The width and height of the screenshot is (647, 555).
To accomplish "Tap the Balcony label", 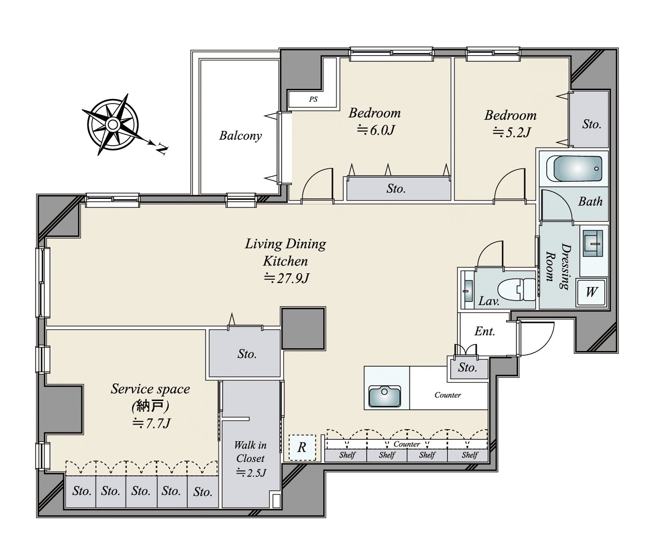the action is (x=240, y=136).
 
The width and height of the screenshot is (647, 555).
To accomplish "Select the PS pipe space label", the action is (x=313, y=99).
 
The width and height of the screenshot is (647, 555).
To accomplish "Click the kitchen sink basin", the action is (x=385, y=396).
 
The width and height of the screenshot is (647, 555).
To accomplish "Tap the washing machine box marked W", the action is (x=591, y=292).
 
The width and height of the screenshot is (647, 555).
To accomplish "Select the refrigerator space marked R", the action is (x=302, y=447).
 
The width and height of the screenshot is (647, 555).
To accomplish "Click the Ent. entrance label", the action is (x=484, y=331).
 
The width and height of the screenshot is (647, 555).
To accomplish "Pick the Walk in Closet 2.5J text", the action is (x=250, y=458).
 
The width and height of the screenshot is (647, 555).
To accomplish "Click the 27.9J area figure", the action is (x=287, y=278).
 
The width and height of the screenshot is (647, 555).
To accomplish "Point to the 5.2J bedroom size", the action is (x=512, y=132).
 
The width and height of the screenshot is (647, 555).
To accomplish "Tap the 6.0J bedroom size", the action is (x=375, y=130).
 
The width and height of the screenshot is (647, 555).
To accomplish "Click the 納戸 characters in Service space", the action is (x=151, y=406).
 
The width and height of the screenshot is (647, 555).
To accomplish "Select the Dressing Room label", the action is (x=559, y=266).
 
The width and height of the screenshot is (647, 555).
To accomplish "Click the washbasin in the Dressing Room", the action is (x=593, y=244).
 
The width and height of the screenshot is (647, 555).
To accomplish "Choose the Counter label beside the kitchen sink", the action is (x=448, y=395).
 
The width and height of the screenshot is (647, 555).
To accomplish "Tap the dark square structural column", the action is (x=304, y=328).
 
